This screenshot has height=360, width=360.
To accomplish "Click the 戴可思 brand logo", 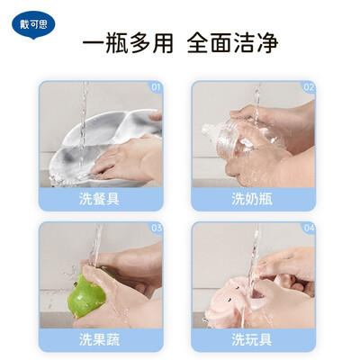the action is pyautogui.click(x=33, y=25).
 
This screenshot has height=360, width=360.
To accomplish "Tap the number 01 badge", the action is pyautogui.click(x=156, y=87).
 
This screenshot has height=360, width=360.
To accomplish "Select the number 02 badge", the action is pyautogui.click(x=309, y=87).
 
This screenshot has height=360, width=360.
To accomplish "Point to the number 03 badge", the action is pyautogui.click(x=157, y=228).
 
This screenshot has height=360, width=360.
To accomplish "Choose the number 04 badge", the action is pyautogui.click(x=309, y=228).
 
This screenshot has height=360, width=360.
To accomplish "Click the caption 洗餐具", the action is pyautogui.click(x=99, y=199).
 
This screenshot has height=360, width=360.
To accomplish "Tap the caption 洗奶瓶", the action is pyautogui.click(x=252, y=199).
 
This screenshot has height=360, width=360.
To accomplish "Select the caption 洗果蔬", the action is pyautogui.click(x=99, y=339).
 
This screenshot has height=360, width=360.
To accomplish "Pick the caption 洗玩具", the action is pyautogui.click(x=252, y=339).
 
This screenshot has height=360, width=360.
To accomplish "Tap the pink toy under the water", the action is pyautogui.click(x=240, y=300).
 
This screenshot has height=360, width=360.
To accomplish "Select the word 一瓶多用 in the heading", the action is pyautogui.click(x=128, y=44).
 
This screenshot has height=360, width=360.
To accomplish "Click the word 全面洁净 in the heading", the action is pyautogui.click(x=232, y=44).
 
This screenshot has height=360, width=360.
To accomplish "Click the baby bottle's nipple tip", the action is pyautogui.click(x=205, y=129).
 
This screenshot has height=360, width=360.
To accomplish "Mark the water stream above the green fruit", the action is pyautogui.click(x=95, y=245).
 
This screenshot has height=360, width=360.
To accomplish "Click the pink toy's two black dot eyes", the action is pyautogui.click(x=231, y=294).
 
